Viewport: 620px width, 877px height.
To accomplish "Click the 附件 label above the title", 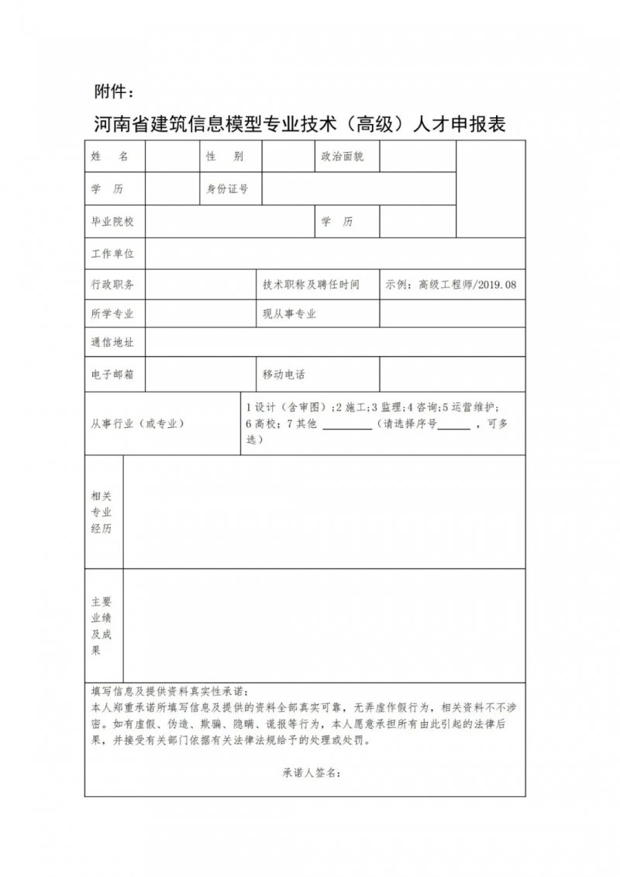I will coord(113,92).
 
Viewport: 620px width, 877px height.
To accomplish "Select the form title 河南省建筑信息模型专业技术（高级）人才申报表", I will coord(299,124).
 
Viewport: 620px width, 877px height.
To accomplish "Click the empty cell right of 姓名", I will coord(171,157).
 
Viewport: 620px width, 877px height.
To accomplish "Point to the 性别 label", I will coord(225,157).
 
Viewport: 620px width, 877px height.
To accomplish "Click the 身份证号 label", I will coord(227,189).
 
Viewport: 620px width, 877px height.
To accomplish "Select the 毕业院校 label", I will coord(112,222).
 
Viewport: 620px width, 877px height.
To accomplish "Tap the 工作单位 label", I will coord(112,254).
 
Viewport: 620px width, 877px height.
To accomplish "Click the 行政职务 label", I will coord(112,285).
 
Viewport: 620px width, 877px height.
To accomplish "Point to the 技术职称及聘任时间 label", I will coord(311,285).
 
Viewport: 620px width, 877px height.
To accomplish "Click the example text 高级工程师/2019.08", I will coord(451,285).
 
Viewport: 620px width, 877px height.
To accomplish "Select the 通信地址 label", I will coord(112,342).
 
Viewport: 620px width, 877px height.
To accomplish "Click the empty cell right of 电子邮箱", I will coord(200,375).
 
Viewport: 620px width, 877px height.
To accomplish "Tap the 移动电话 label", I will coord(284,375).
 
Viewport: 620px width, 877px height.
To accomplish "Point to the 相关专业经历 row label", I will coord(102,512).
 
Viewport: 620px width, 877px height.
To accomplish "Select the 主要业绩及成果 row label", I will coord(102,626).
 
